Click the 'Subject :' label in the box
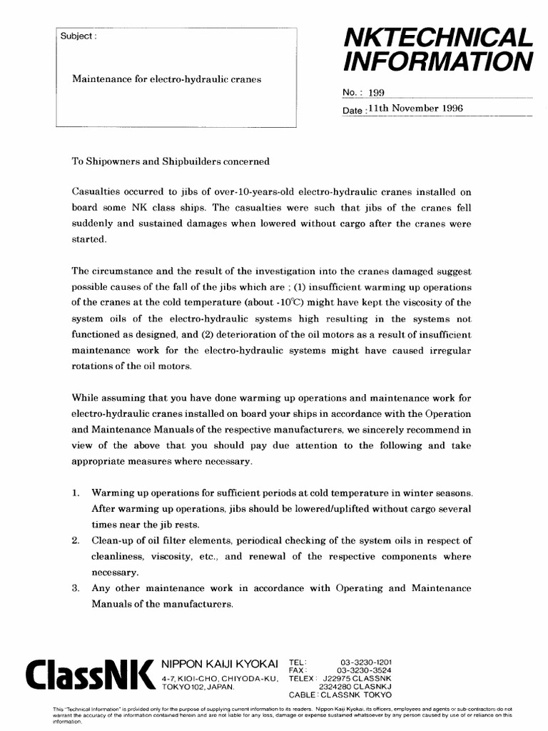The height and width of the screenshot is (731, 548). (75, 36)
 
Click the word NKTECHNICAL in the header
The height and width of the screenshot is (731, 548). (438, 38)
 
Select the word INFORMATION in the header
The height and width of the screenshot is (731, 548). (438, 62)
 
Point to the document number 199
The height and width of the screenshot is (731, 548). (376, 92)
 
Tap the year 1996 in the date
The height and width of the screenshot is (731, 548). (451, 109)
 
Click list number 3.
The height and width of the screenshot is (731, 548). (76, 588)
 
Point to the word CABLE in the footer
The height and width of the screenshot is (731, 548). (303, 694)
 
